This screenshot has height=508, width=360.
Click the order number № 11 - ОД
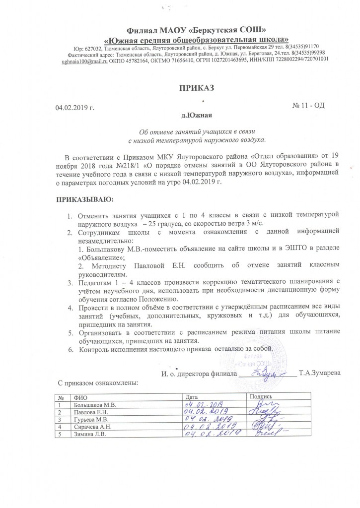(x=309, y=105)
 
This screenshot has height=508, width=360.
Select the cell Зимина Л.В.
(x=89, y=434)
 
